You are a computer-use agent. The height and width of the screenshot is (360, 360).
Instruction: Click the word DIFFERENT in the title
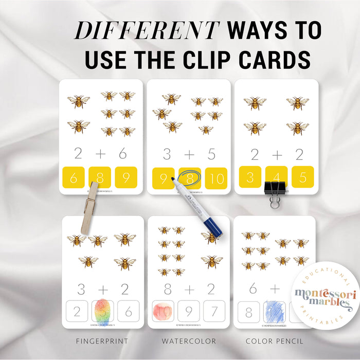pyautogui.click(x=147, y=31)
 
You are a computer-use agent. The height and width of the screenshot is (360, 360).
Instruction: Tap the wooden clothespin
pyautogui.click(x=92, y=204)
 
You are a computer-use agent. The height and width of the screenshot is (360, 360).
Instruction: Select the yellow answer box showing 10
pyautogui.click(x=215, y=178)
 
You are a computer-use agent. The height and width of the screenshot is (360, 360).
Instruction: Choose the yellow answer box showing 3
pyautogui.click(x=250, y=177)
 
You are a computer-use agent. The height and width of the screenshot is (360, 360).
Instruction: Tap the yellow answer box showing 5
pyautogui.click(x=302, y=177)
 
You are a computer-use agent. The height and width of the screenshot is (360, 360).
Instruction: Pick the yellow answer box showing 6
pyautogui.click(x=74, y=178)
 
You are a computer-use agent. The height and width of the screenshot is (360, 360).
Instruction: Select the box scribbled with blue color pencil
pyautogui.click(x=275, y=312)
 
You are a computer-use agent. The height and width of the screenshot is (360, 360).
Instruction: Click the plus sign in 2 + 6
pyautogui.click(x=100, y=154)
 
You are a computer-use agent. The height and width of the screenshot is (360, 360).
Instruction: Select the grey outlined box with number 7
pyautogui.click(x=213, y=311)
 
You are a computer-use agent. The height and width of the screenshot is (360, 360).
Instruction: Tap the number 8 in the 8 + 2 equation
pyautogui.click(x=168, y=289)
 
